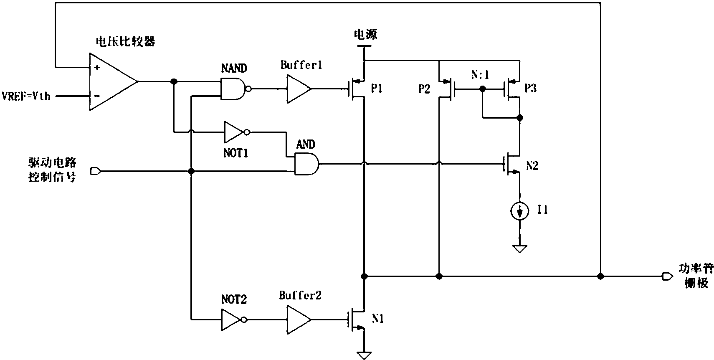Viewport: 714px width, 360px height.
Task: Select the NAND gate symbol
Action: click(x=233, y=89)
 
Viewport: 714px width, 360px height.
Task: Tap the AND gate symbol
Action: click(x=306, y=164)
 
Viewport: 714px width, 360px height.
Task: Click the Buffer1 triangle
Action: click(x=298, y=89)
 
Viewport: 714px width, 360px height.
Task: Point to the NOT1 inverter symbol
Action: click(x=234, y=132)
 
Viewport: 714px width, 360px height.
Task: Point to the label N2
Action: click(x=532, y=166)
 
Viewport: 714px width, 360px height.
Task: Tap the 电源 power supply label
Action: click(x=365, y=34)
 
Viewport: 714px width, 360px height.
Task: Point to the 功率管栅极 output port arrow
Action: click(x=667, y=276)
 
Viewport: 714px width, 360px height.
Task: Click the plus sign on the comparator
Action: click(x=97, y=67)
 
